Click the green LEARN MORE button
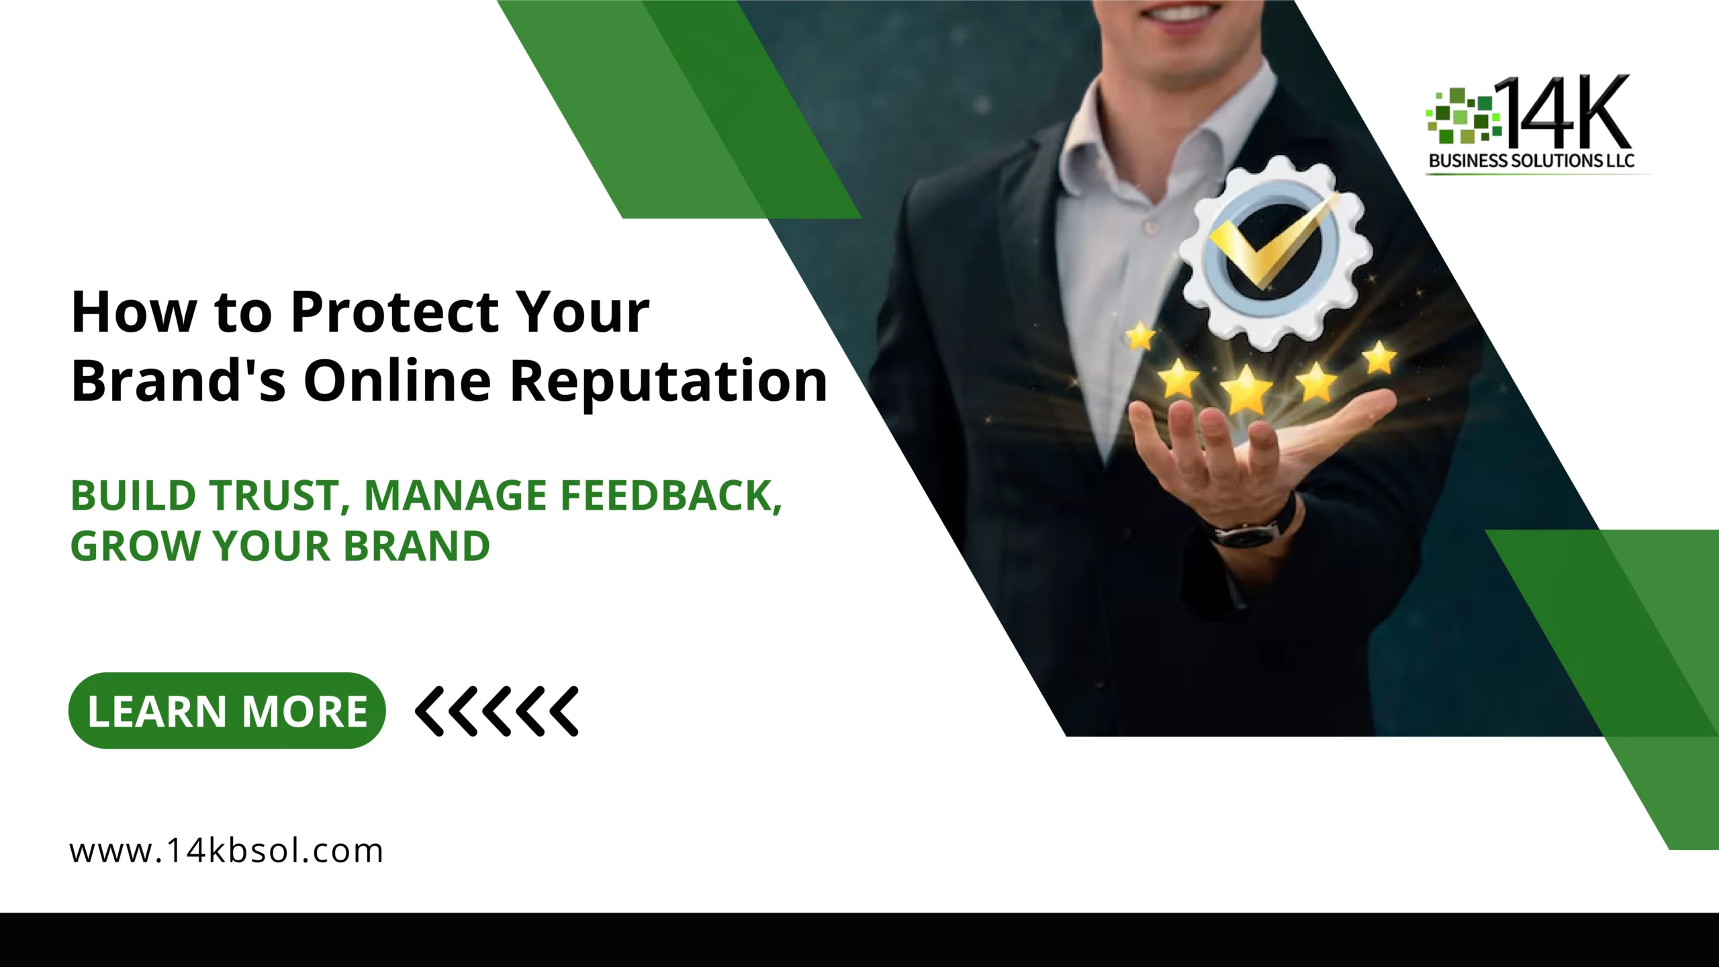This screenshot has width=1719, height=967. pyautogui.click(x=227, y=710)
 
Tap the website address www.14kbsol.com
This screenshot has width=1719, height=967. pyautogui.click(x=226, y=851)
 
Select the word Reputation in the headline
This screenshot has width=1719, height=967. pyautogui.click(x=669, y=381)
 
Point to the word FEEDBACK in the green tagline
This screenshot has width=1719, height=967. pyautogui.click(x=671, y=496)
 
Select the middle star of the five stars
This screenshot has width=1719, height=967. pyautogui.click(x=1246, y=389)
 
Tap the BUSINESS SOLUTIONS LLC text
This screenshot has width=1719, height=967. pyautogui.click(x=1531, y=161)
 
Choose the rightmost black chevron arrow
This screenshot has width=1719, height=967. pyautogui.click(x=563, y=711)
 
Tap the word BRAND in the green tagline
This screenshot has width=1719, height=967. pyautogui.click(x=417, y=546)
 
